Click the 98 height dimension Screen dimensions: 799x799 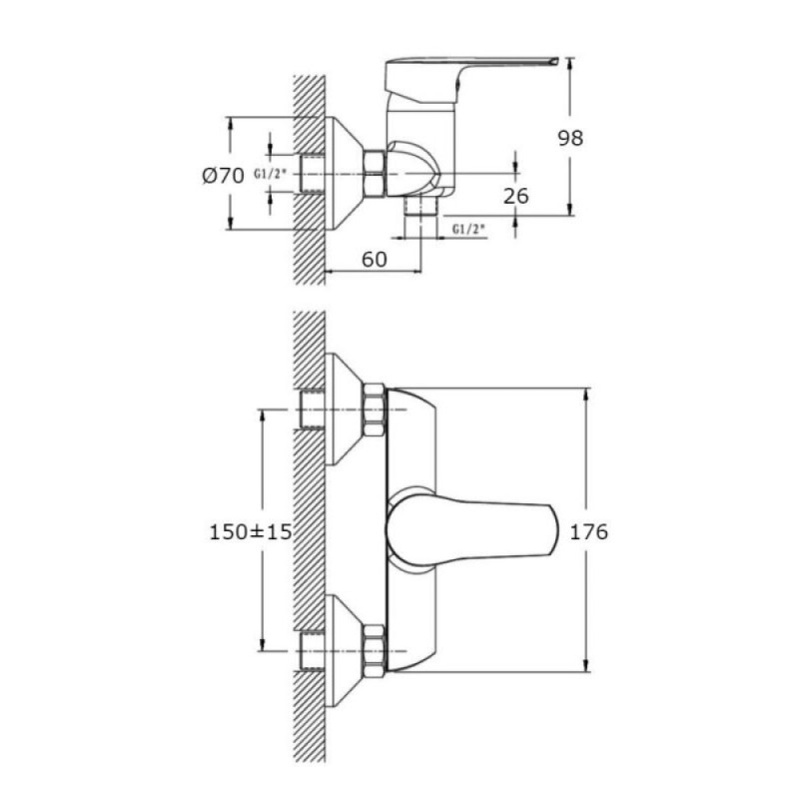click(570, 138)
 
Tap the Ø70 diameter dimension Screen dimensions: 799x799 click(223, 177)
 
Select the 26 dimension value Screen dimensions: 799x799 click(515, 196)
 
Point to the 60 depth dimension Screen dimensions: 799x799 click(375, 260)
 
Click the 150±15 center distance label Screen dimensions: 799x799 click(251, 532)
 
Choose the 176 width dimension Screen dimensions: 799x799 click(588, 531)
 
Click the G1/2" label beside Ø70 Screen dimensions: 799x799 click(270, 174)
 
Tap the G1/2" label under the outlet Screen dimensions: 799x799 click(468, 230)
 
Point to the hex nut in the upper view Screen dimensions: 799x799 click(375, 173)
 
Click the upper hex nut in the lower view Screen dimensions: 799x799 click(375, 410)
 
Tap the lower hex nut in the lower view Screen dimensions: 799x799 click(375, 651)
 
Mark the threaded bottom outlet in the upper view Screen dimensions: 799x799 click(420, 206)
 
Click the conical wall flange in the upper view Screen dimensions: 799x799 click(345, 173)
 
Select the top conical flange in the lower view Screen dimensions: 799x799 click(345, 409)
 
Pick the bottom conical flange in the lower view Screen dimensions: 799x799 click(345, 651)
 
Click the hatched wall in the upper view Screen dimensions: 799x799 click(309, 180)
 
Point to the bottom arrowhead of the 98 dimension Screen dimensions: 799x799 click(569, 209)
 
